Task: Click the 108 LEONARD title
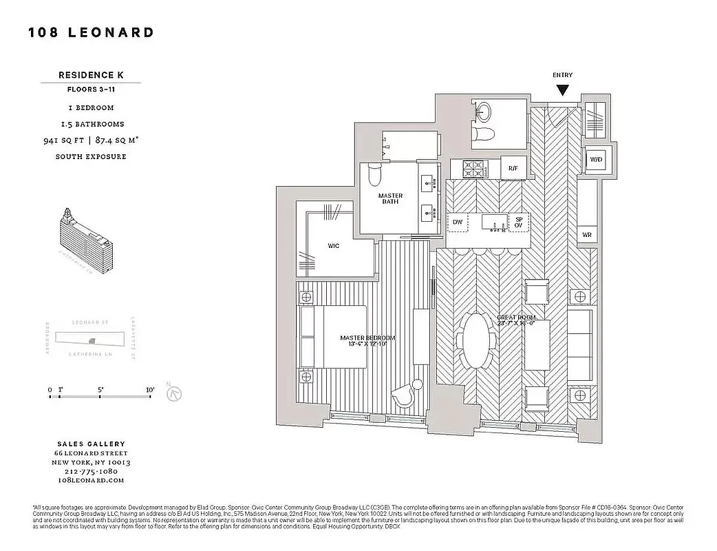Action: pos(91,32)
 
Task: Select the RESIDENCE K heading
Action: pos(90,74)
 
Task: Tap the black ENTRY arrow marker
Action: pos(562,90)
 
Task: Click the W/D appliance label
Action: pos(594,159)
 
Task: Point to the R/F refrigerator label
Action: pos(513,168)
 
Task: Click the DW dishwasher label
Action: pos(457,222)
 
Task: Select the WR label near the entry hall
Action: pos(587,235)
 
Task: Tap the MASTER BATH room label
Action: pos(390,199)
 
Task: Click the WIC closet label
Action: pos(334,246)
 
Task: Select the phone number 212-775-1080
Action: pos(91,471)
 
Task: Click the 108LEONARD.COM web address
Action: pos(91,480)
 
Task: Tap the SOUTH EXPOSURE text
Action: pos(90,156)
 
